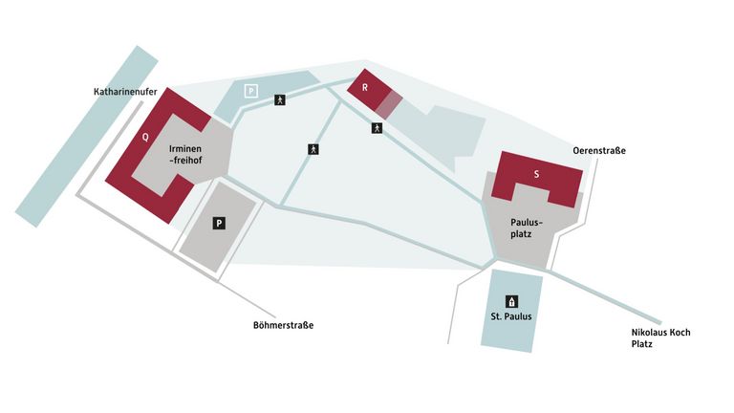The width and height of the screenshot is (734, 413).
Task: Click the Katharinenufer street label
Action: click(x=125, y=93)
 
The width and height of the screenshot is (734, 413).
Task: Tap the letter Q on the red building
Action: click(x=145, y=137)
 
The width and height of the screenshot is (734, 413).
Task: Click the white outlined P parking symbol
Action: click(x=251, y=91)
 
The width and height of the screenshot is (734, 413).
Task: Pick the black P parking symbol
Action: click(x=219, y=223)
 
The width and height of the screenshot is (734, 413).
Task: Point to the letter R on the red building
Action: click(x=364, y=88)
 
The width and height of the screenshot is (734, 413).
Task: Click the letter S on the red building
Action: click(x=536, y=174)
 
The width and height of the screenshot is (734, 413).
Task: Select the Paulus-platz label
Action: click(x=522, y=228)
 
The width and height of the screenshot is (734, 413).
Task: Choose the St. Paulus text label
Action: click(x=510, y=316)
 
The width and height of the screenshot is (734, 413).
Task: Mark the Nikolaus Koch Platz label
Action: click(x=659, y=338)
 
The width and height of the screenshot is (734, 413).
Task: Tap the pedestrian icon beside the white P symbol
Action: click(x=280, y=98)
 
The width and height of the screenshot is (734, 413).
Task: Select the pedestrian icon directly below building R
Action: click(x=378, y=128)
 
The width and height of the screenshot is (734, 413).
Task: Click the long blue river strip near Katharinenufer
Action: click(x=85, y=140)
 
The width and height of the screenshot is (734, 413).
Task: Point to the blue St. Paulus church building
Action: click(x=510, y=330)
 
